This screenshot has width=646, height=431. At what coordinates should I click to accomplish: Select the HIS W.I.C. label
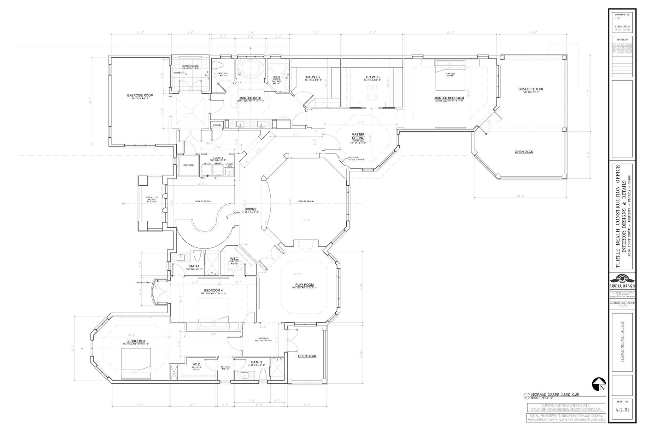(313, 77)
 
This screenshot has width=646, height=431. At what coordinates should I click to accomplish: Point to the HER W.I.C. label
(372, 77)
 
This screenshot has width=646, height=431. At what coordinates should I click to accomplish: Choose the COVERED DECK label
(531, 89)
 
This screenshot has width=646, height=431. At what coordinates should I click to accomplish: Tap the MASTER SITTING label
(358, 136)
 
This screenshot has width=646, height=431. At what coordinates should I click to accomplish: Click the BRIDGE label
(251, 210)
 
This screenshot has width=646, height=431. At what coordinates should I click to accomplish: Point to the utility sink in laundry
(229, 171)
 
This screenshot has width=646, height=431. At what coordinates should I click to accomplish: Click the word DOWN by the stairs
(237, 213)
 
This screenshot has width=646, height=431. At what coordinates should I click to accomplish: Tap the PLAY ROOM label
(304, 285)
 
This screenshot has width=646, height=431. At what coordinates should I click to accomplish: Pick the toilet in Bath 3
(263, 375)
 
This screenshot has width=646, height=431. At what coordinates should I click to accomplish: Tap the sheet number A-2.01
(622, 419)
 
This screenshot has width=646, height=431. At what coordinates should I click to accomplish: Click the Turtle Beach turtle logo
(622, 280)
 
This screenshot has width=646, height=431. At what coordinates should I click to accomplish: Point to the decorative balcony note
(152, 199)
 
